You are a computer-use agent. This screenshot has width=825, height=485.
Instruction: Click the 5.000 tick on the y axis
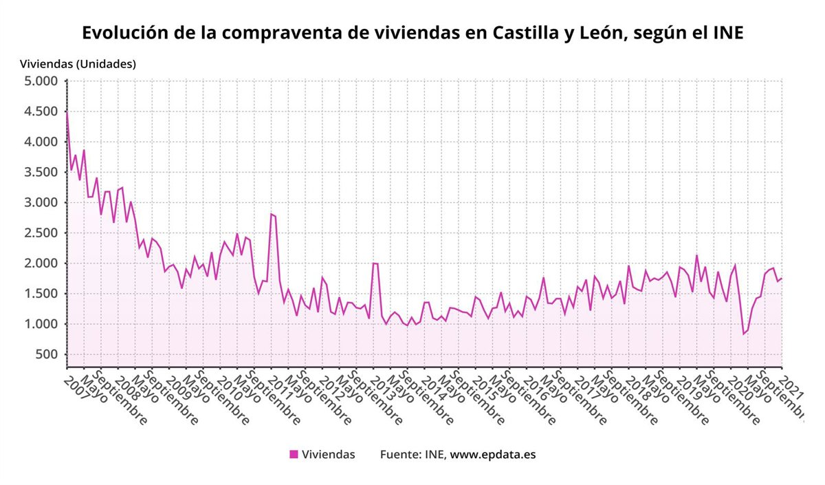pos(41,81)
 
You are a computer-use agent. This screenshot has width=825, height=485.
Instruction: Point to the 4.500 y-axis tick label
pos(41,111)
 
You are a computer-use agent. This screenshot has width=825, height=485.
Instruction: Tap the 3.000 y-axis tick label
pos(41,202)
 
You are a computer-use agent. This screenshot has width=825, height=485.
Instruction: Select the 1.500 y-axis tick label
pos(41,294)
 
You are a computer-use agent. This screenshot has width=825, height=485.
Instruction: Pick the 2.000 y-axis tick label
pos(41,263)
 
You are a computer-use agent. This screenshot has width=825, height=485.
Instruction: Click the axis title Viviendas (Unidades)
pos(78,64)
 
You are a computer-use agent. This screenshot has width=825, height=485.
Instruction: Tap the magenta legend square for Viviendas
pos(294,454)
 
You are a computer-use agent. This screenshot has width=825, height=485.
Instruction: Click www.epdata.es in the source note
pos(493,454)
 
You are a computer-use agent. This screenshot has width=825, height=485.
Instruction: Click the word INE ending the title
pos(727,33)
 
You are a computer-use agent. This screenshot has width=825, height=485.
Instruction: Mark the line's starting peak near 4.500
pos(67,112)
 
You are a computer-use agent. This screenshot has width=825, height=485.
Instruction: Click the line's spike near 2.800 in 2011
pos(271,214)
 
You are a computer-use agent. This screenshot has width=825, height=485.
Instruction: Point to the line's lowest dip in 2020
pos(743,334)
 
